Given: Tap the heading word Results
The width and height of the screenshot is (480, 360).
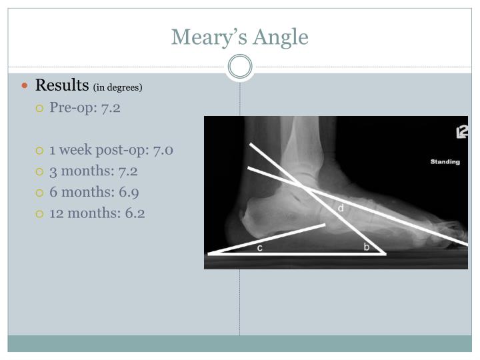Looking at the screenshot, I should point(62,85).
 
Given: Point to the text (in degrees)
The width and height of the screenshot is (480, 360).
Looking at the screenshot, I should point(118,87).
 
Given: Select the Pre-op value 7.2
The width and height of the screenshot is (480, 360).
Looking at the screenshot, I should point(111,107).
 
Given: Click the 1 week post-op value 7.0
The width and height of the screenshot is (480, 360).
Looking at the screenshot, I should point(163,150).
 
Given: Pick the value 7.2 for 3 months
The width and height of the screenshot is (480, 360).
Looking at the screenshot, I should point(127,171).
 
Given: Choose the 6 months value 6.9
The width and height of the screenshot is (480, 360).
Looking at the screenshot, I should point(129,192).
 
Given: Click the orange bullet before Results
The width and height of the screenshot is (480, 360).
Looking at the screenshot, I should point(26,86).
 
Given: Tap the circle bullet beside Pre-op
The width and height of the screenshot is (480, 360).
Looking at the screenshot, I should point(40,108).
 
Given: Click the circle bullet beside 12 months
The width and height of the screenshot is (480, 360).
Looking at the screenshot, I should point(40,214).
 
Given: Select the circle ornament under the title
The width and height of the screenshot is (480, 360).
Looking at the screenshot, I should point(240,67).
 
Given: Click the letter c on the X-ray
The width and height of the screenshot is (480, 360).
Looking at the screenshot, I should point(259,247).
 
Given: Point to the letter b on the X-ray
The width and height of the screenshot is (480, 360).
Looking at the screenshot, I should point(366,247).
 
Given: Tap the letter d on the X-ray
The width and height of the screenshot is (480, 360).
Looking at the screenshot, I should point(341,209).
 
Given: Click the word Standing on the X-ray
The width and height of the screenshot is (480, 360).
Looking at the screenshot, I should point(445,162).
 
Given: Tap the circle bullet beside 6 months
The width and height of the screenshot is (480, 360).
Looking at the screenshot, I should point(40,193).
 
